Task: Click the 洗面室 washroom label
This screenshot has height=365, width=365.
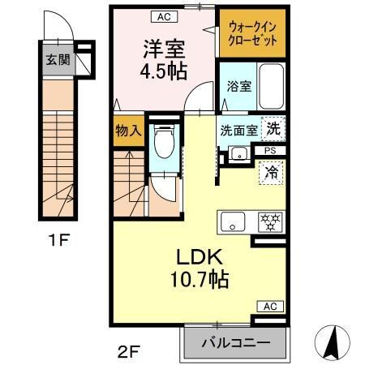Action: pyautogui.click(x=238, y=129)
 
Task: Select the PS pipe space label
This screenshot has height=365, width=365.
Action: pyautogui.click(x=270, y=151)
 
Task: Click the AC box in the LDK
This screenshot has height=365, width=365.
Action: pyautogui.click(x=270, y=307)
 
